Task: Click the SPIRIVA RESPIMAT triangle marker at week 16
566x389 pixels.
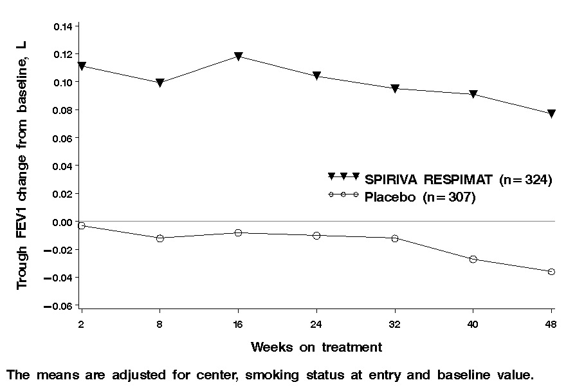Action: [239, 57]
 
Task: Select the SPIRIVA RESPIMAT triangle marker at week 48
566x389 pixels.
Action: [552, 114]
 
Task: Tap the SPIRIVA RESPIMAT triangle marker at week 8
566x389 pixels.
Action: [160, 83]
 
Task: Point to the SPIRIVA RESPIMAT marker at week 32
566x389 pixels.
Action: [395, 89]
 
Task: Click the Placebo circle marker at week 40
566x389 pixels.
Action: [473, 259]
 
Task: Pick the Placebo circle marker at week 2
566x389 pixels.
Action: [82, 225]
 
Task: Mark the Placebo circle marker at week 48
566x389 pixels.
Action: [552, 272]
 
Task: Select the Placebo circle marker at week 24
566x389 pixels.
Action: [316, 236]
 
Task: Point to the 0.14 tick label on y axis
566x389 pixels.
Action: [64, 26]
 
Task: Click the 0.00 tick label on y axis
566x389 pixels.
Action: [64, 222]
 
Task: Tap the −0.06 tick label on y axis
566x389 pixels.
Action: [61, 306]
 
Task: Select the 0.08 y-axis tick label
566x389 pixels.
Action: [64, 110]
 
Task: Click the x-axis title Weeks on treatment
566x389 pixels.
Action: [316, 348]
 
